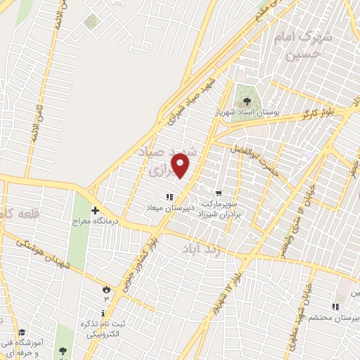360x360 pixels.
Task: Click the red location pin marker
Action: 181,165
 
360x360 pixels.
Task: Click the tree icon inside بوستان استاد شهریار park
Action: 245,101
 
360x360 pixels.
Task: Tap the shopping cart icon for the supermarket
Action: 219,193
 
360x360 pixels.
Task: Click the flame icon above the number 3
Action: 106,288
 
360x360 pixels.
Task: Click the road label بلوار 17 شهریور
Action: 230,283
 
